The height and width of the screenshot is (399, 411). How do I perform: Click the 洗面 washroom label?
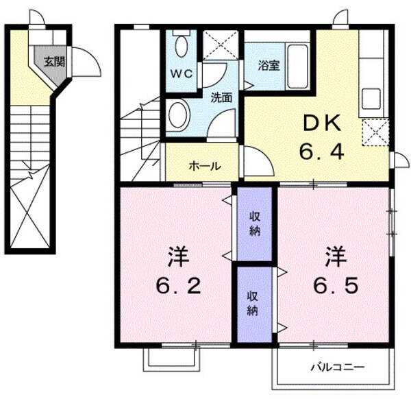point(221,97)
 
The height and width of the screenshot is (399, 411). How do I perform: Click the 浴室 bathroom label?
point(268,66)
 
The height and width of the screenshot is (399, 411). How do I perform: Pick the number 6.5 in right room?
point(335,284)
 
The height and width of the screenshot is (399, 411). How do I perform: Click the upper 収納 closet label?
point(254,223)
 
